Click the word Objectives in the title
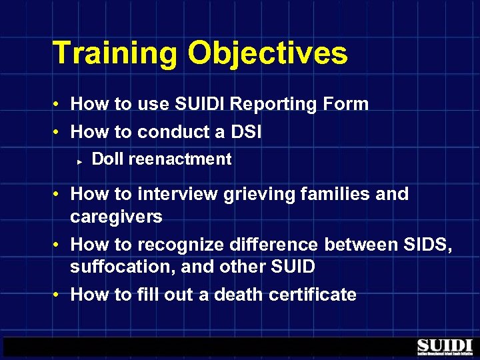click(267, 53)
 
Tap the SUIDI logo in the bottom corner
click(445, 347)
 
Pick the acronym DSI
click(245, 132)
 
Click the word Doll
click(107, 159)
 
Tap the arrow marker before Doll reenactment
click(79, 161)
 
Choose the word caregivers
click(116, 217)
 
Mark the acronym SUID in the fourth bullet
click(291, 267)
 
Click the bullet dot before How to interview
click(59, 195)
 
